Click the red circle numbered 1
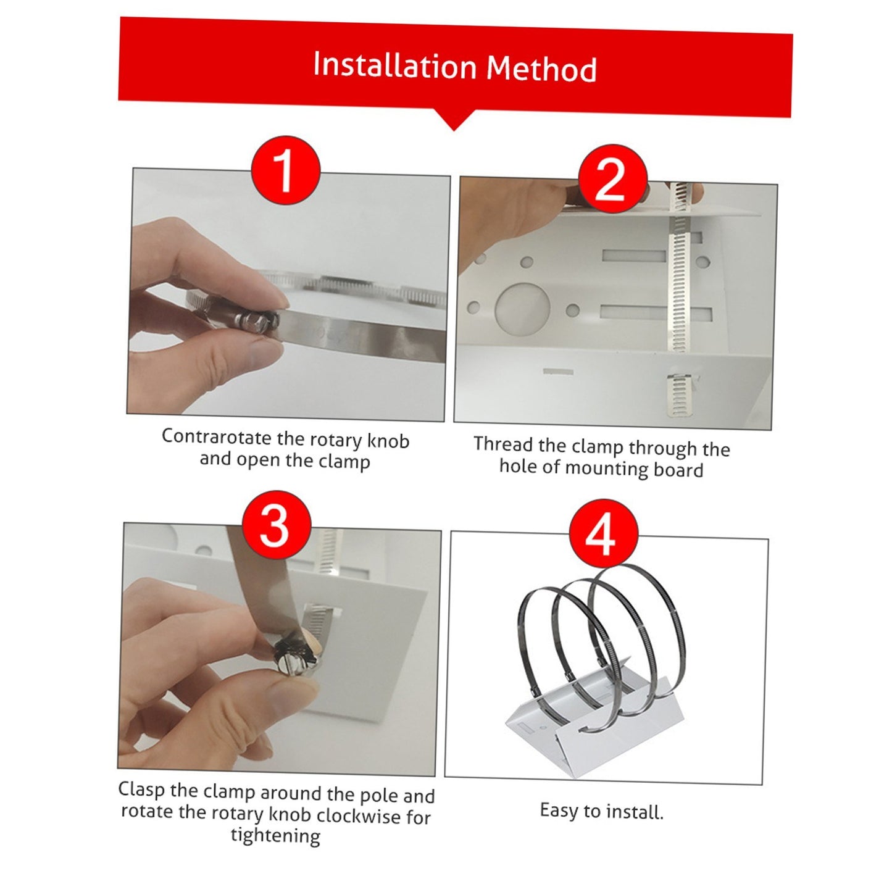[285, 170]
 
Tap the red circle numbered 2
[612, 179]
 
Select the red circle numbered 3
[276, 525]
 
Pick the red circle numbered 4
[601, 533]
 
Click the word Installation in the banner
[394, 65]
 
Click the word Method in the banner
[541, 69]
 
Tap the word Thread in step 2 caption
[502, 444]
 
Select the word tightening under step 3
[275, 836]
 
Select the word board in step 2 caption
[678, 470]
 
